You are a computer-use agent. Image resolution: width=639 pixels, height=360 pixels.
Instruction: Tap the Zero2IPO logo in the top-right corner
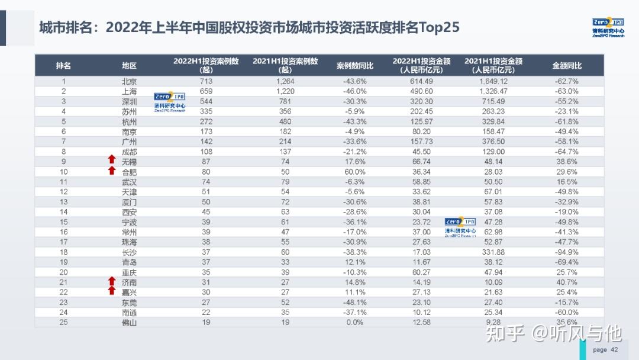[x=608, y=27]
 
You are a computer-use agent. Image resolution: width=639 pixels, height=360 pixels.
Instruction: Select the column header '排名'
[x=63, y=66]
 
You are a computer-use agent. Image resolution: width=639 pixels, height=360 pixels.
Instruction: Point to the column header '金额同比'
[x=566, y=66]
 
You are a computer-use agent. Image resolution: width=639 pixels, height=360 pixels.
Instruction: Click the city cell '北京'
[x=129, y=81]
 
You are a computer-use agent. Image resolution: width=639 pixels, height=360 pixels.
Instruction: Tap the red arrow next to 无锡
[x=111, y=160]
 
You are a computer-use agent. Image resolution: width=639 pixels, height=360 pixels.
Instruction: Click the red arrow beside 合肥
[x=111, y=171]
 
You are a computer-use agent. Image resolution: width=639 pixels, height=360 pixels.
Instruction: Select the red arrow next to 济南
[x=111, y=281]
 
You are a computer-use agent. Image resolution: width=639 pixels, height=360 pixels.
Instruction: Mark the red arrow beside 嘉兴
[x=111, y=291]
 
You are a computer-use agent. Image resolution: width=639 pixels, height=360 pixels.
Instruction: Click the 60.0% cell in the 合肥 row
[x=355, y=172]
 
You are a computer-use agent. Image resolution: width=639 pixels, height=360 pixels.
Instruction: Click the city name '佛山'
[x=129, y=322]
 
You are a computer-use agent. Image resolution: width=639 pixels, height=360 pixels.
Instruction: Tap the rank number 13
[x=63, y=202]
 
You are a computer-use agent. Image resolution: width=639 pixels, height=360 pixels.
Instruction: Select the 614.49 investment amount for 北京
[x=421, y=81]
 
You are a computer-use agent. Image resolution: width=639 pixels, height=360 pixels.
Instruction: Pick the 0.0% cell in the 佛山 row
[x=355, y=322]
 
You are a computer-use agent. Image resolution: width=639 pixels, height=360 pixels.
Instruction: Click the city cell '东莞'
[x=129, y=302]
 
